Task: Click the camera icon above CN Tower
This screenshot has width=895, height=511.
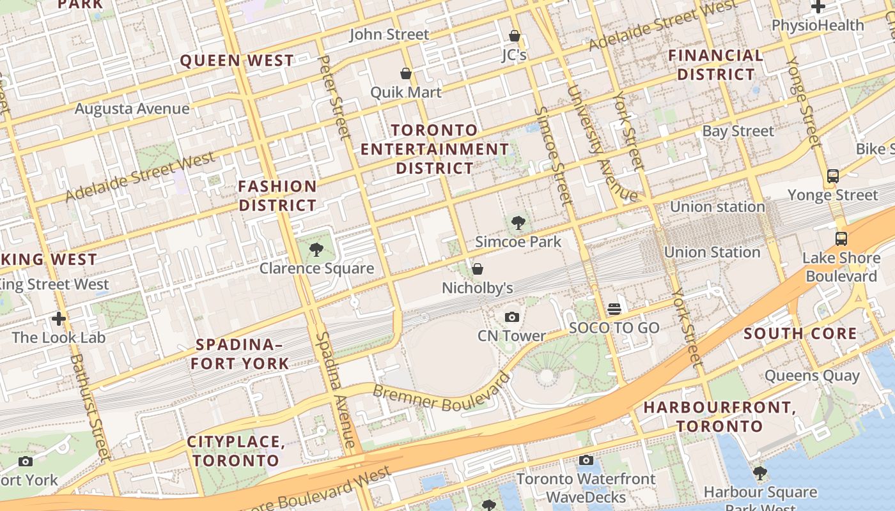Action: (511, 317)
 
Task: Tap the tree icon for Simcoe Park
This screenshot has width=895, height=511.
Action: (518, 223)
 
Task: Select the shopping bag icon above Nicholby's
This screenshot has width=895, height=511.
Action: (477, 269)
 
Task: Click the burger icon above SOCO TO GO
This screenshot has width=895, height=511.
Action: (614, 309)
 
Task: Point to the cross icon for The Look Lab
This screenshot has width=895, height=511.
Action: (59, 318)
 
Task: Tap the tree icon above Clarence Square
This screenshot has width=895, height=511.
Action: (316, 250)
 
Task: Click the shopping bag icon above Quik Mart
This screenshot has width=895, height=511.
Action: (405, 73)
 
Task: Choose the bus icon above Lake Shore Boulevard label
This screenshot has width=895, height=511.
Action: (841, 239)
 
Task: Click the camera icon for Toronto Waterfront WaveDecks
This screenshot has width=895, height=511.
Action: (586, 460)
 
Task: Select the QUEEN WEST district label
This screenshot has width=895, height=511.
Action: (237, 61)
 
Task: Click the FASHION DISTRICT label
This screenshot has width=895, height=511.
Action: (277, 195)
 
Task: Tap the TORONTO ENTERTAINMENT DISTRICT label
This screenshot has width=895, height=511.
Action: (435, 149)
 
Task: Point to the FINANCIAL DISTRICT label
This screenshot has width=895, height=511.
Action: (716, 65)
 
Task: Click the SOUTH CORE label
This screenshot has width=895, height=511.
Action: (800, 333)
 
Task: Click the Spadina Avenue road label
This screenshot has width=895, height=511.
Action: (337, 390)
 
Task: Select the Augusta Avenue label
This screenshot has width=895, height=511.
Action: (132, 109)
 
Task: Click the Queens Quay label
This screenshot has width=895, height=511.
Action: (812, 376)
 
